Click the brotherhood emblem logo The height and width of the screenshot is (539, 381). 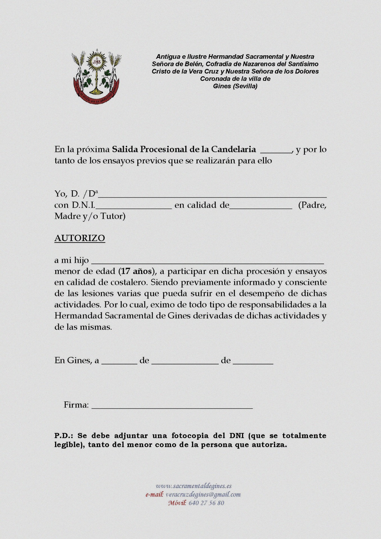click(96, 77)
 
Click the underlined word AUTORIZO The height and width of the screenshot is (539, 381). click(80, 238)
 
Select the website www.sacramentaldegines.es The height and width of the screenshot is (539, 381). click(194, 486)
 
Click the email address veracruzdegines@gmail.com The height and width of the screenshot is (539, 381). click(203, 494)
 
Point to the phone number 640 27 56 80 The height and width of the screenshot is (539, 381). click(206, 503)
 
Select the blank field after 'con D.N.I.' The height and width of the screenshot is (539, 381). click(134, 207)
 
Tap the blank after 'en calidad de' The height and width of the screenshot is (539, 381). click(261, 207)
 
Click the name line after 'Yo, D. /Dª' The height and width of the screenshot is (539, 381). click(213, 196)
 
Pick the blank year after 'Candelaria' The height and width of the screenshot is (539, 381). click(276, 151)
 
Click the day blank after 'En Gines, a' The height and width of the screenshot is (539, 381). click(119, 362)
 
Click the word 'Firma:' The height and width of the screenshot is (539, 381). click(76, 405)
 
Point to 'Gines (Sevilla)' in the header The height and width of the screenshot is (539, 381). click(235, 86)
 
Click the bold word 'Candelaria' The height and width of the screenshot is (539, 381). click(233, 149)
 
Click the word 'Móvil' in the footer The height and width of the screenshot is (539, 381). click(177, 503)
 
